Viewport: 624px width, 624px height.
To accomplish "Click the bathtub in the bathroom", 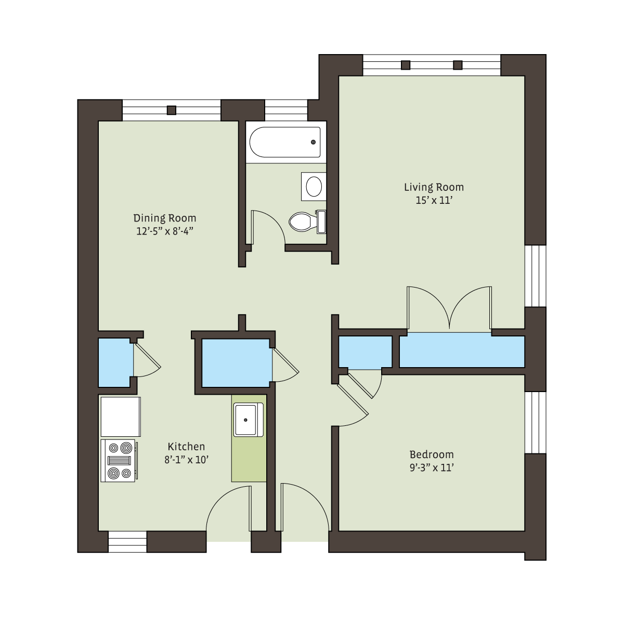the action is pos(285,142).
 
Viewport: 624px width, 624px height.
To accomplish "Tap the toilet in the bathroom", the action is pos(307,222).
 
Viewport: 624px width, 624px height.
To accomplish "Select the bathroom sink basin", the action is pos(314,187).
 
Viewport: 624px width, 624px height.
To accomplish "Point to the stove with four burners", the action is pos(119,461).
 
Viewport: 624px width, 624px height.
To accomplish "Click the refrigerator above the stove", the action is pos(121,417).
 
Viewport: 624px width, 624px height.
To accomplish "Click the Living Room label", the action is pos(434,188).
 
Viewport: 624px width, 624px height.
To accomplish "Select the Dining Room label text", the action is pos(165,218).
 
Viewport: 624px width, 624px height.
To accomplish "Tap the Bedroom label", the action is pos(432,454).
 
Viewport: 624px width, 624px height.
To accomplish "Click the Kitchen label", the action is pos(186,447).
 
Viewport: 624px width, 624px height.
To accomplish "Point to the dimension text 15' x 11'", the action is pos(434,200).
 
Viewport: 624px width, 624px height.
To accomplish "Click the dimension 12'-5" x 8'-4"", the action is pos(165,231).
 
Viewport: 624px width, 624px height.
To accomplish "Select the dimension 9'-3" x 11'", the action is pos(432,468).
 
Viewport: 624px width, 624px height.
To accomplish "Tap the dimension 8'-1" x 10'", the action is pos(186,460).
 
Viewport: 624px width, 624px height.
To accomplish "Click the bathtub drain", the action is pos(313,142).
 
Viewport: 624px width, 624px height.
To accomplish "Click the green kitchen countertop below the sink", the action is pos(249,459).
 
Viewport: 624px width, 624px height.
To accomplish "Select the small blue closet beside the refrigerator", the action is pos(115,362).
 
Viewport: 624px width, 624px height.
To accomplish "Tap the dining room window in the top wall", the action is pos(171,110).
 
